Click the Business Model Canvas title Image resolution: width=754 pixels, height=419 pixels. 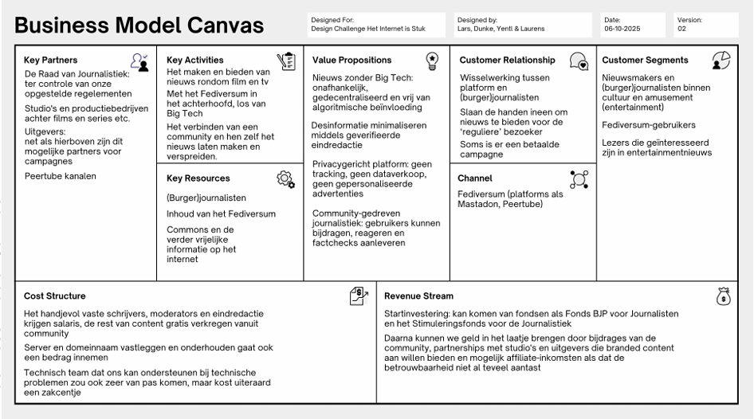click(139, 25)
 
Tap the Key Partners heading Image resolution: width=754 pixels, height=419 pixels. click(51, 60)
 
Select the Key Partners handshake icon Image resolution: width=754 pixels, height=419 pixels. click(139, 61)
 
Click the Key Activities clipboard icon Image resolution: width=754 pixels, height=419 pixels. click(285, 61)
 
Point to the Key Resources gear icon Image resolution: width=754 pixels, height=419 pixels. click(285, 179)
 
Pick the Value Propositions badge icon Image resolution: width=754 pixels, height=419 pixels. click(432, 61)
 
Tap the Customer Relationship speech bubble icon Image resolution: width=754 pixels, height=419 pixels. click(579, 61)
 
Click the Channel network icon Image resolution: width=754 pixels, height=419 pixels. click(579, 179)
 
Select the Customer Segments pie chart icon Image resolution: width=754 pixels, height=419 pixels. click(721, 61)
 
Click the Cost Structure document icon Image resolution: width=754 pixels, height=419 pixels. click(359, 296)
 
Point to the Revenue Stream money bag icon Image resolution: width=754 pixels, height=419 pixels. click(722, 296)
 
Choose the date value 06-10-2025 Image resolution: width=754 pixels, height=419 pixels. click(623, 29)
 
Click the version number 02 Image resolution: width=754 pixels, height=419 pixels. click(681, 29)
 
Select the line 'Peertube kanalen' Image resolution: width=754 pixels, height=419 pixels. click(61, 176)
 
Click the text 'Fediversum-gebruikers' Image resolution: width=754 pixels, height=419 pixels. click(649, 125)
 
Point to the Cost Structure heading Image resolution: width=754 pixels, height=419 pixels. click(55, 296)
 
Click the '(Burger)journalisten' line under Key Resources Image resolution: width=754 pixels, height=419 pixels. click(206, 198)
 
